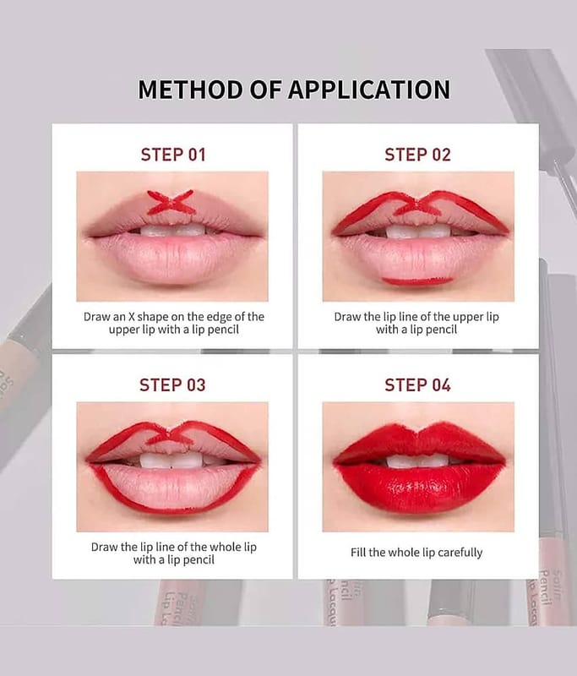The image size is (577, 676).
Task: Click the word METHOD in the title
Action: point(189,90)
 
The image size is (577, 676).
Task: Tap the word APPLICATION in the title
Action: point(369,90)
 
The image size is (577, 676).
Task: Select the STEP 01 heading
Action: point(173,155)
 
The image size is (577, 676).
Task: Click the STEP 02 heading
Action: point(417,155)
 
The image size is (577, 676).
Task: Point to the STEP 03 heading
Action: point(172,385)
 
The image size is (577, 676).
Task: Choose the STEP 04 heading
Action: point(417,385)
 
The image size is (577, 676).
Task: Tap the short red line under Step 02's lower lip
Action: point(417,281)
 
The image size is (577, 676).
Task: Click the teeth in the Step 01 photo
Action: point(172,230)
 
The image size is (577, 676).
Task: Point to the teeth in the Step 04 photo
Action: point(417,461)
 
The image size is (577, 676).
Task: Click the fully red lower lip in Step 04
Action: point(418,488)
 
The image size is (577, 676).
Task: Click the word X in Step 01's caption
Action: point(132,317)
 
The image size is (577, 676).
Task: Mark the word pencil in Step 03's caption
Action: point(199,560)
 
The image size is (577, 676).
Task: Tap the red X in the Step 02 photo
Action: point(416,206)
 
